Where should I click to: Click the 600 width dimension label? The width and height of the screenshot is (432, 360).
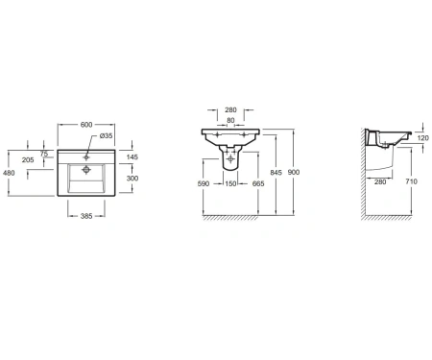pos(86,125)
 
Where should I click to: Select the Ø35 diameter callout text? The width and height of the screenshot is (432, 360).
pos(107,135)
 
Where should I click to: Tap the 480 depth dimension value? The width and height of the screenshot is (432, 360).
pos(9,173)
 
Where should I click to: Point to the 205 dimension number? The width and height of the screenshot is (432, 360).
pos(28,159)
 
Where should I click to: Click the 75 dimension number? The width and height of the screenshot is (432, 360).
pos(44,154)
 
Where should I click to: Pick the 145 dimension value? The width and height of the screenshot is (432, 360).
pos(132,156)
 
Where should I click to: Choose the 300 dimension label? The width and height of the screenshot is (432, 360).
pos(132,179)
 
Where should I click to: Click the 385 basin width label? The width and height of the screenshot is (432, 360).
pos(86,216)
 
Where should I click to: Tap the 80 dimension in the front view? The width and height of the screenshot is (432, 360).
pos(230,120)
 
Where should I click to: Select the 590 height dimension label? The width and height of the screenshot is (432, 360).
pos(204,183)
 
